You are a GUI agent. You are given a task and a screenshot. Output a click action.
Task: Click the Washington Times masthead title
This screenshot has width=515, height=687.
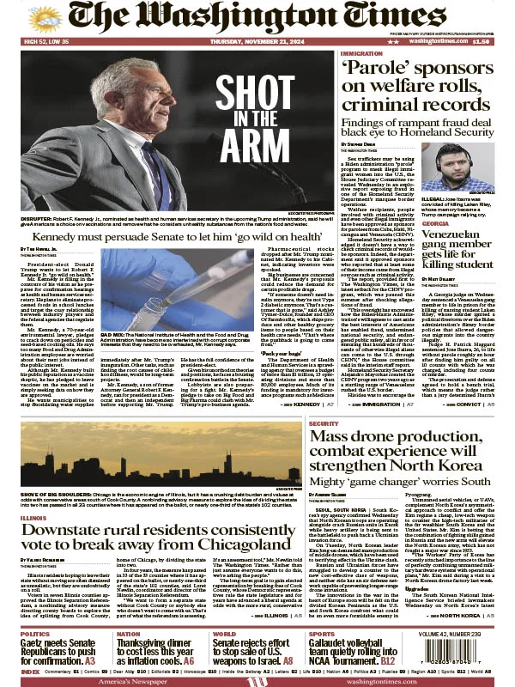pos(257,17)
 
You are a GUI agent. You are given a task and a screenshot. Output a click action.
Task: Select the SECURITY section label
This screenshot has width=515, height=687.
pos(324,423)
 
